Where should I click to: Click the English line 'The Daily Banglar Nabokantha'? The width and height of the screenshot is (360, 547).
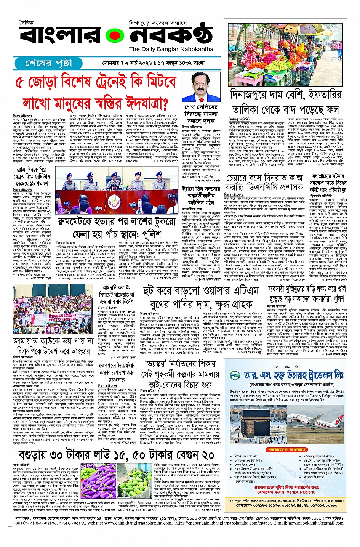pyautogui.click(x=171, y=49)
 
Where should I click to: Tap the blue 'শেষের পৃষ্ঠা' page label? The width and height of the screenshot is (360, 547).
pyautogui.click(x=48, y=63)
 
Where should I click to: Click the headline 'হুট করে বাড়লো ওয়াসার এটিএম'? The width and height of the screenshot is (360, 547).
pyautogui.click(x=201, y=291)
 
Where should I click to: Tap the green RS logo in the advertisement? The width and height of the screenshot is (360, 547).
pyautogui.click(x=235, y=375)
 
